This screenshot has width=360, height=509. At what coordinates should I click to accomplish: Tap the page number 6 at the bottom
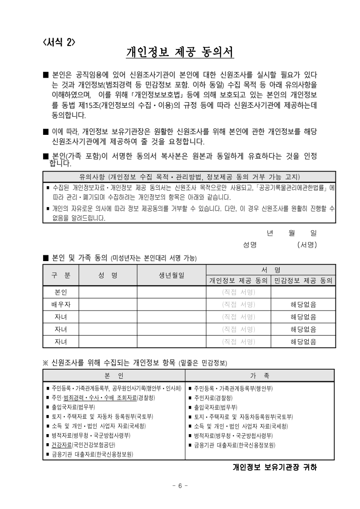180,486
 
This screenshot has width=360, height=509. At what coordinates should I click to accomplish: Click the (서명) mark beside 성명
307,245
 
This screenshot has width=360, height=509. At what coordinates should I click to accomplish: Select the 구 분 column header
61,275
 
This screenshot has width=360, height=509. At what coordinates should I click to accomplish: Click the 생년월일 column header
172,275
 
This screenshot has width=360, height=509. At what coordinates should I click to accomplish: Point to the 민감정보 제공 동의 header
303,281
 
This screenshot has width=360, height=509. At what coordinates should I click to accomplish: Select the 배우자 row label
61,304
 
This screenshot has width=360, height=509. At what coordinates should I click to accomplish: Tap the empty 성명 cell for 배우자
108,304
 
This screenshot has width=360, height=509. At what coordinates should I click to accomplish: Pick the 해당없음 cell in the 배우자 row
303,304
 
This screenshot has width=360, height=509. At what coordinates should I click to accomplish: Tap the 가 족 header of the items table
260,376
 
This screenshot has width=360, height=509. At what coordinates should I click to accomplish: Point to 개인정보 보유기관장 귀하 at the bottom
274,467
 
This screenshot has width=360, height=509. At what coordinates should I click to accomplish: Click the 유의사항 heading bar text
189,177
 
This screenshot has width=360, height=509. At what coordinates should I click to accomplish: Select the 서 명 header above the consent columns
271,270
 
